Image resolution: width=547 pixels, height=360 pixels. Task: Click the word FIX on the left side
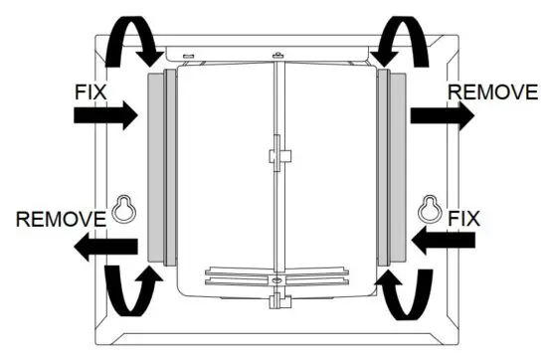91,90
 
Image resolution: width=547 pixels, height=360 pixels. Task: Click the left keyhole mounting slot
123,209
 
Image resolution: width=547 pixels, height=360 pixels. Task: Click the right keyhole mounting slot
429,208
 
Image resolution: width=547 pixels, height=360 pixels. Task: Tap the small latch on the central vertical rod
277,156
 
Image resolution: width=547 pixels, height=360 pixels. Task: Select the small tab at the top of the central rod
274,51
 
